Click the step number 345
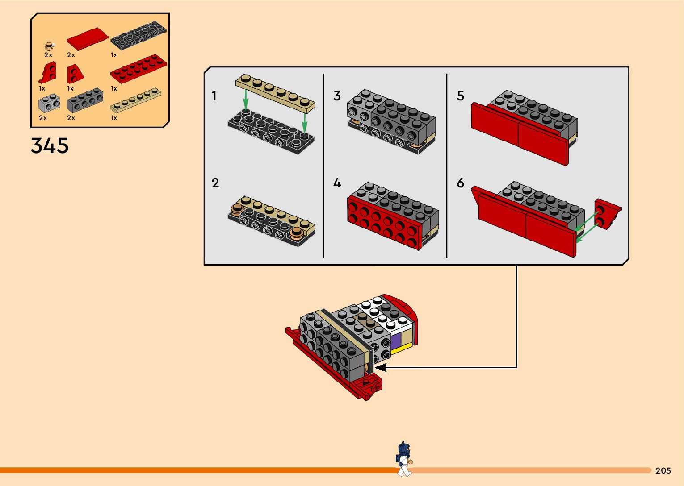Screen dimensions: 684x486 (x=50, y=145)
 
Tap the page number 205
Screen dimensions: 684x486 (x=663, y=470)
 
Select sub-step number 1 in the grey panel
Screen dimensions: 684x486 (x=214, y=96)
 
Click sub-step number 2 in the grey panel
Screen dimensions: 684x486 (x=215, y=183)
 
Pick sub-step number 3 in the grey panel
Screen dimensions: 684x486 (x=337, y=96)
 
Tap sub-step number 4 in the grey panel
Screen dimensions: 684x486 (x=337, y=183)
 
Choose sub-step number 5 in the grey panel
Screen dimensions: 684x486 (x=460, y=96)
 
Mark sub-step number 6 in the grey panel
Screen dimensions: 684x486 (x=460, y=183)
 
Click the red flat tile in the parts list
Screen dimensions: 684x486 (x=87, y=39)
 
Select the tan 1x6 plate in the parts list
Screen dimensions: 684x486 (x=135, y=100)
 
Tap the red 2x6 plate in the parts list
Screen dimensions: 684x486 (x=138, y=69)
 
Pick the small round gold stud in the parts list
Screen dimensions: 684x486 (x=49, y=46)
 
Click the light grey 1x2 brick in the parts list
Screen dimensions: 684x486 (x=49, y=103)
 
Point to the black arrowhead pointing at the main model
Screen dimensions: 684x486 (x=381, y=367)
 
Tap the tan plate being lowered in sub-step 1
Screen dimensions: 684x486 (x=275, y=91)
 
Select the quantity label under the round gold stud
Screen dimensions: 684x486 (x=48, y=55)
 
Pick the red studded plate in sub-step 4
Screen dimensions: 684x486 (x=384, y=221)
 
